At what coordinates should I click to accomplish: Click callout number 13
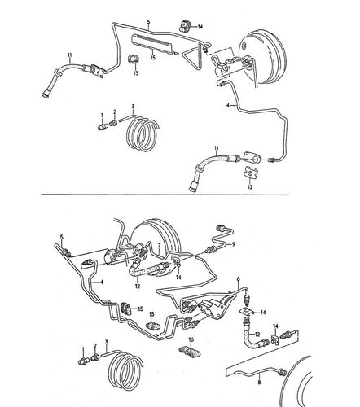point(136,73)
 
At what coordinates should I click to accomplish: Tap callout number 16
point(191,339)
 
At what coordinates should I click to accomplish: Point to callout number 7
point(160,245)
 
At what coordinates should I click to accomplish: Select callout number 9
point(234,244)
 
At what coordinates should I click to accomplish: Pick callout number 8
point(259,383)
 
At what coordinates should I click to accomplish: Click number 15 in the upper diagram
point(153,58)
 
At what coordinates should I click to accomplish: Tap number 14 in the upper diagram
point(200,27)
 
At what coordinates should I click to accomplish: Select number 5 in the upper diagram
point(148,21)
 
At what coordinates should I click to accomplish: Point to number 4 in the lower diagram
point(102,282)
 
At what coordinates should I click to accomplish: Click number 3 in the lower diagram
point(107,342)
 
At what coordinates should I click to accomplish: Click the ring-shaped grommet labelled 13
point(134,59)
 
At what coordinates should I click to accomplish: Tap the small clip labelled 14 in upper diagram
point(184,26)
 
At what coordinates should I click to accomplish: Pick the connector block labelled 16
point(190,352)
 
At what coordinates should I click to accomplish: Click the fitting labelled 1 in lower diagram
point(84,361)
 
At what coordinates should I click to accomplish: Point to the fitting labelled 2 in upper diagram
point(113,123)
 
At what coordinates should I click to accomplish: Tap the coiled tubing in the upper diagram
point(141,133)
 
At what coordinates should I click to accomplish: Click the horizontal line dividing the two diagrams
point(165,195)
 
